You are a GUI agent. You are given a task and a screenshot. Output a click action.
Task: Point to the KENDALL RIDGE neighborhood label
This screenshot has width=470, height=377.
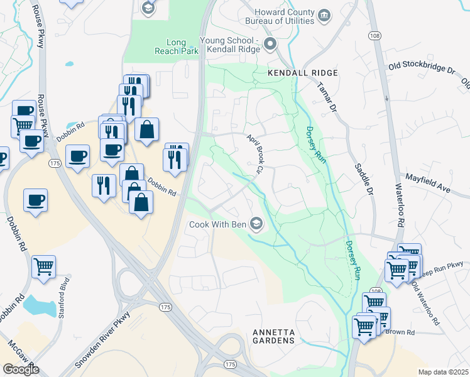tap(303, 73)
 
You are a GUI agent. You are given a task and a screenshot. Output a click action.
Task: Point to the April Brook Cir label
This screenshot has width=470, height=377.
tap(253, 155)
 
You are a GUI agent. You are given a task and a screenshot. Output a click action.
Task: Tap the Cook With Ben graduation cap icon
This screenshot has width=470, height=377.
tap(256, 224)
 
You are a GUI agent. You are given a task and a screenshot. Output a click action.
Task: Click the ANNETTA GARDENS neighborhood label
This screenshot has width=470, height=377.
tap(273, 336)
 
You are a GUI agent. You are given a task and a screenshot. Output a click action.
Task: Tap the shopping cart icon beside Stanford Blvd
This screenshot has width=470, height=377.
tap(43, 266)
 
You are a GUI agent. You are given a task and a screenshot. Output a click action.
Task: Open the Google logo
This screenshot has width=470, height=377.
tap(21, 369)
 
